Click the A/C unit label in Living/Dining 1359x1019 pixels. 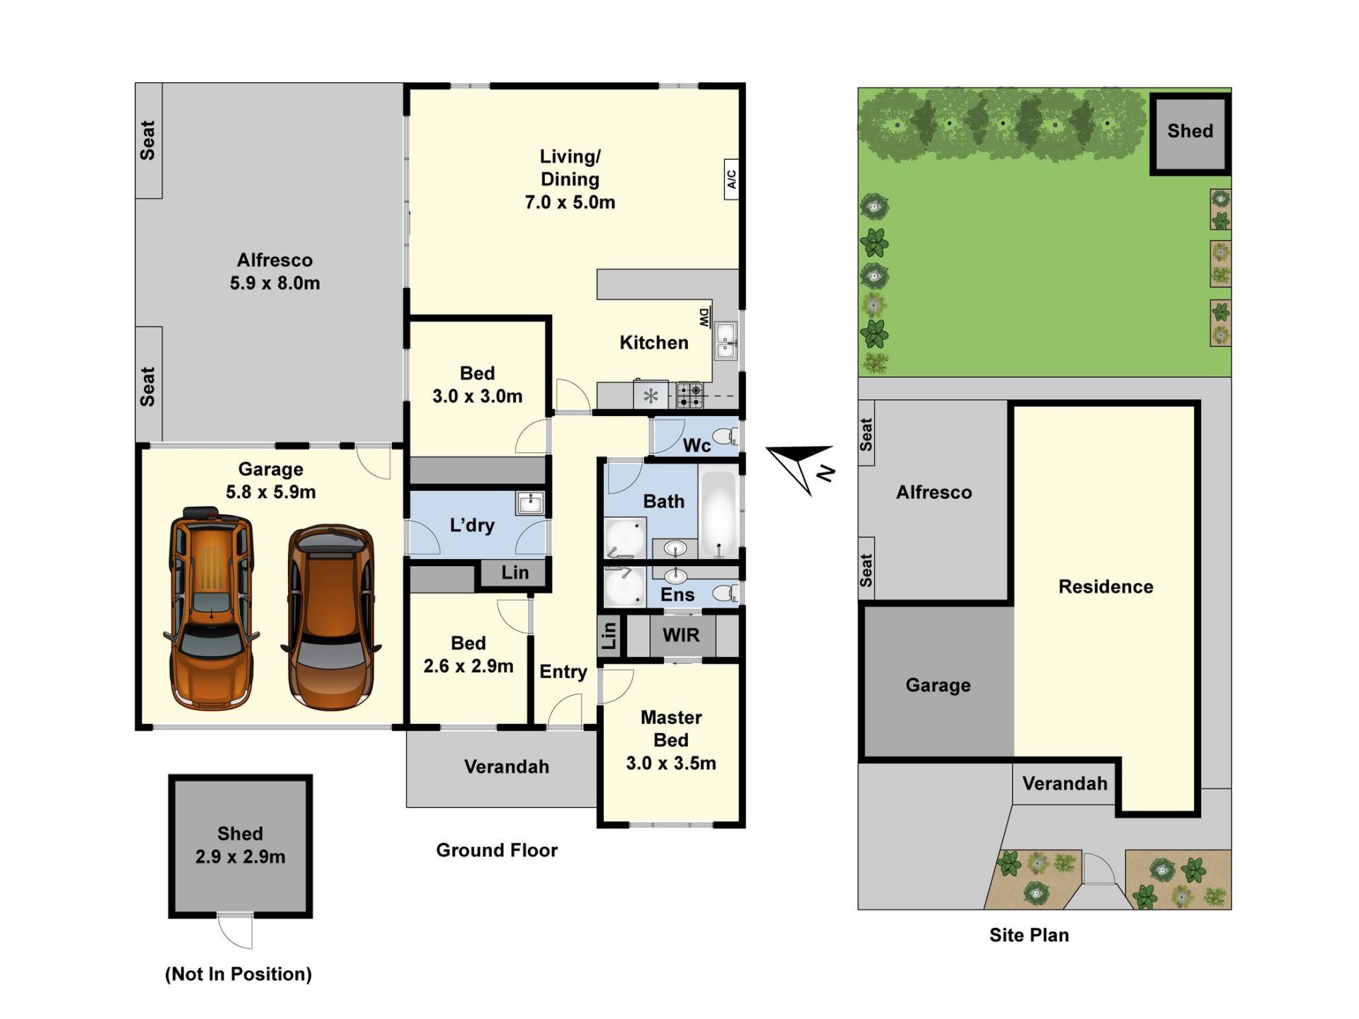(732, 179)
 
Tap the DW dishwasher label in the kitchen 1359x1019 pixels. (704, 318)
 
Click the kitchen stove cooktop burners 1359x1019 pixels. (689, 396)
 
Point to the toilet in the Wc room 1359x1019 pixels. (725, 436)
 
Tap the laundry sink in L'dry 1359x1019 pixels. (529, 502)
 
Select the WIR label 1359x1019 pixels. (681, 635)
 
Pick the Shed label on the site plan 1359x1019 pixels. (1190, 131)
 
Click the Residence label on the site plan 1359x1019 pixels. (1106, 587)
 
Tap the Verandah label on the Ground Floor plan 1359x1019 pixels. (507, 766)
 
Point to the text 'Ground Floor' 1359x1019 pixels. (497, 850)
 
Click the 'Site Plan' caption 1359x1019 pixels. (1029, 935)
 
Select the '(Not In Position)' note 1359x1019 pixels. (239, 974)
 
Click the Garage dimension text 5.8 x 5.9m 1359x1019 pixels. (271, 492)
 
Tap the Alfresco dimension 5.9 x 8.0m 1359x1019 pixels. (275, 283)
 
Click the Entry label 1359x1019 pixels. (563, 672)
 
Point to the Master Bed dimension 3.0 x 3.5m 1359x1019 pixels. (671, 763)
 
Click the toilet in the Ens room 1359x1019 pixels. (725, 593)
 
